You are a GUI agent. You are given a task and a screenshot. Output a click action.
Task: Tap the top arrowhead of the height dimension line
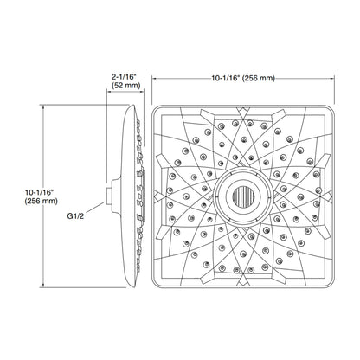[x=45, y=109]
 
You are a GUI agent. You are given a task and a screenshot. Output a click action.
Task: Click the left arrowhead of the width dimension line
[x=156, y=78]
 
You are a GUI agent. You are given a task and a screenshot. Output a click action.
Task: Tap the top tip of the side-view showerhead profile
[x=131, y=109]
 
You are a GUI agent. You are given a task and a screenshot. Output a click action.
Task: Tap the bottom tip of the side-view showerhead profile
[x=131, y=284]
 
